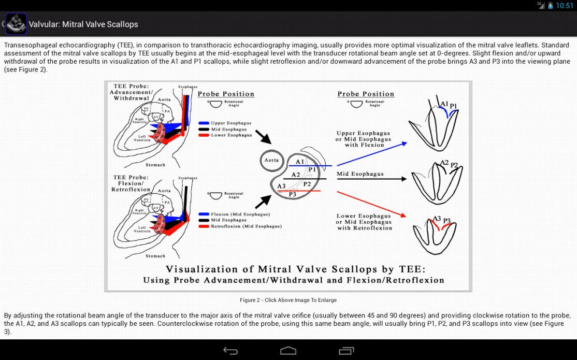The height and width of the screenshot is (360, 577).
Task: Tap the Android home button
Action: [288, 351]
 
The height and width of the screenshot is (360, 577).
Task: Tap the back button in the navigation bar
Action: [230, 351]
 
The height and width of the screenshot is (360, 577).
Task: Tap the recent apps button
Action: [347, 351]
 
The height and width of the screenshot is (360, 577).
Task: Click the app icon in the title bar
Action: [16, 24]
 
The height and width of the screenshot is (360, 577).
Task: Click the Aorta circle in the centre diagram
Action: [271, 160]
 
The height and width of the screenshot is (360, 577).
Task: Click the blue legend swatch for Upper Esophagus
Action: [204, 123]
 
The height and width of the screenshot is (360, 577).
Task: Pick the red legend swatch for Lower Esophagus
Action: [204, 135]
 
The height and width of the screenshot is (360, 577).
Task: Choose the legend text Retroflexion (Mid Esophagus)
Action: [246, 226]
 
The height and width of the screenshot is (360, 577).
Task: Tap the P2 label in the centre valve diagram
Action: [307, 184]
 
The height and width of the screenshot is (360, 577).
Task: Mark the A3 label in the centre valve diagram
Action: [281, 186]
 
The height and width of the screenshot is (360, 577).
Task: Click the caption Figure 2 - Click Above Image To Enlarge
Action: [288, 300]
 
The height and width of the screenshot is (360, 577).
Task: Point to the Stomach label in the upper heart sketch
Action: [155, 165]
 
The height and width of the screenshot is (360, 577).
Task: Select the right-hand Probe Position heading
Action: [366, 94]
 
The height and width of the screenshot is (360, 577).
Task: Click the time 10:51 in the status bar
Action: [564, 6]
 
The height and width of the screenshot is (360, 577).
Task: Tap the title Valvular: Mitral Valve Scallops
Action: [83, 24]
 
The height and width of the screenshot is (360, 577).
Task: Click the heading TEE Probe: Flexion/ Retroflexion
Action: [131, 183]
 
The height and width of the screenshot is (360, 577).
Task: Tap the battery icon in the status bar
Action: [550, 6]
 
